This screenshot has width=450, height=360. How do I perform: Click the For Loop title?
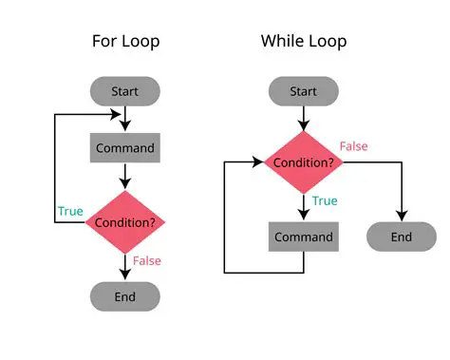[x=124, y=41]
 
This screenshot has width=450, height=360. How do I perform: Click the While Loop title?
[x=304, y=41]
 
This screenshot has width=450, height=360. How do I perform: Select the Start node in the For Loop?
[x=125, y=91]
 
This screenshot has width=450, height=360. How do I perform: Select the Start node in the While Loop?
[x=304, y=91]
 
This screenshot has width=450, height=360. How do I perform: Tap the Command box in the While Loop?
[x=304, y=237]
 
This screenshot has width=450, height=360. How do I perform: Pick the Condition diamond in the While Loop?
[x=304, y=162]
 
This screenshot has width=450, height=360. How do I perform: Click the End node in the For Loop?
[x=125, y=295]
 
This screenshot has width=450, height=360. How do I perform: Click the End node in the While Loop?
[x=402, y=237]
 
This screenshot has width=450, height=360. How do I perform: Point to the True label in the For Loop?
[x=70, y=211]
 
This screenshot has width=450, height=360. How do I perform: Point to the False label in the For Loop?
[x=147, y=260]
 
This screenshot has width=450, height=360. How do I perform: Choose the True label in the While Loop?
[x=325, y=201]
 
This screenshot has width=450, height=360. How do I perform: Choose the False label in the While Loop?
[x=353, y=146]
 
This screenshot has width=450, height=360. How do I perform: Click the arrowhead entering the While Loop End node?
[x=402, y=217]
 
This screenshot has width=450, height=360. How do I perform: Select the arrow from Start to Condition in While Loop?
[x=304, y=117]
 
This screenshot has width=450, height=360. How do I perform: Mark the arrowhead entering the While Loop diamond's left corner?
[x=258, y=162]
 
